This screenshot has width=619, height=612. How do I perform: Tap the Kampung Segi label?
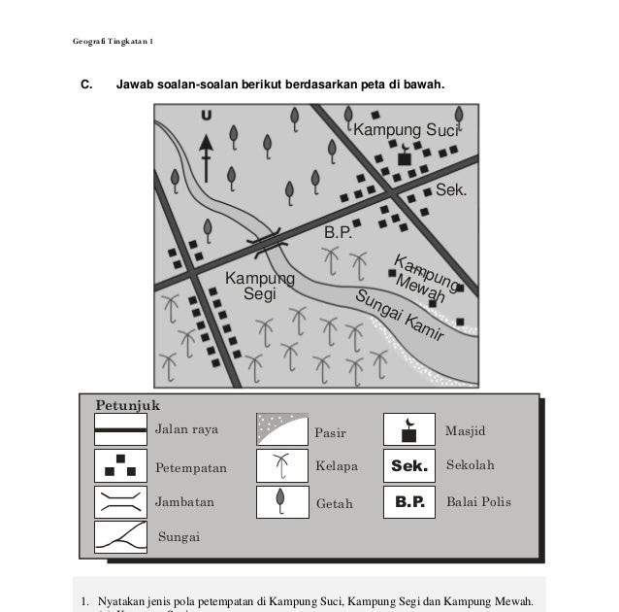(259, 286)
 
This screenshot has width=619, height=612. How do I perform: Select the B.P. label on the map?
(338, 234)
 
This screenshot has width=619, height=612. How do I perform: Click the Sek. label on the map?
(450, 189)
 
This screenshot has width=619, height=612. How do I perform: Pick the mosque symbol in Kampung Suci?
(405, 156)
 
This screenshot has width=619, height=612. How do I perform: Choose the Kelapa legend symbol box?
(281, 466)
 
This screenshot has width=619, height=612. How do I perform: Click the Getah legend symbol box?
(281, 502)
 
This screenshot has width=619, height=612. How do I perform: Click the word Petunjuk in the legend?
(127, 404)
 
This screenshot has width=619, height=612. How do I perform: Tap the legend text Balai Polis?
(477, 503)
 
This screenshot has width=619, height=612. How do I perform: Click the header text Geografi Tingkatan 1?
(113, 41)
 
